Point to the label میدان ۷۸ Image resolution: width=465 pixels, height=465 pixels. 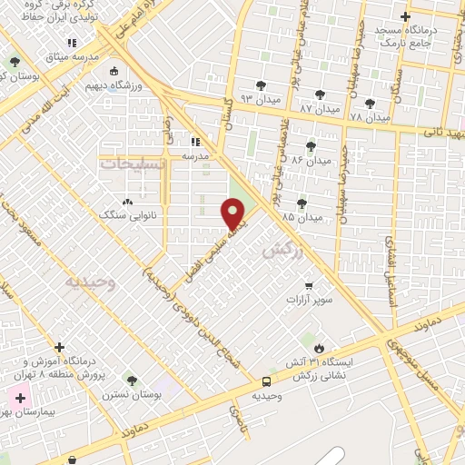click(369, 117)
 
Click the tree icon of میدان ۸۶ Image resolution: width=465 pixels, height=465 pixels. click(311, 145)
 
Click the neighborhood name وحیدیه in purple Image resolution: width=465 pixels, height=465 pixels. click(90, 282)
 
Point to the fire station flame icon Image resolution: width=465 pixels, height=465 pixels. click(319, 348)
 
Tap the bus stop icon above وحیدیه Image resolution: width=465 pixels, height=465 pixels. click(266, 382)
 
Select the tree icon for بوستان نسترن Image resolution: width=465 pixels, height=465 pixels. click(132, 379)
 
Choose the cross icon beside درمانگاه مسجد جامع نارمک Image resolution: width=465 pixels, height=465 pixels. click(405, 16)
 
